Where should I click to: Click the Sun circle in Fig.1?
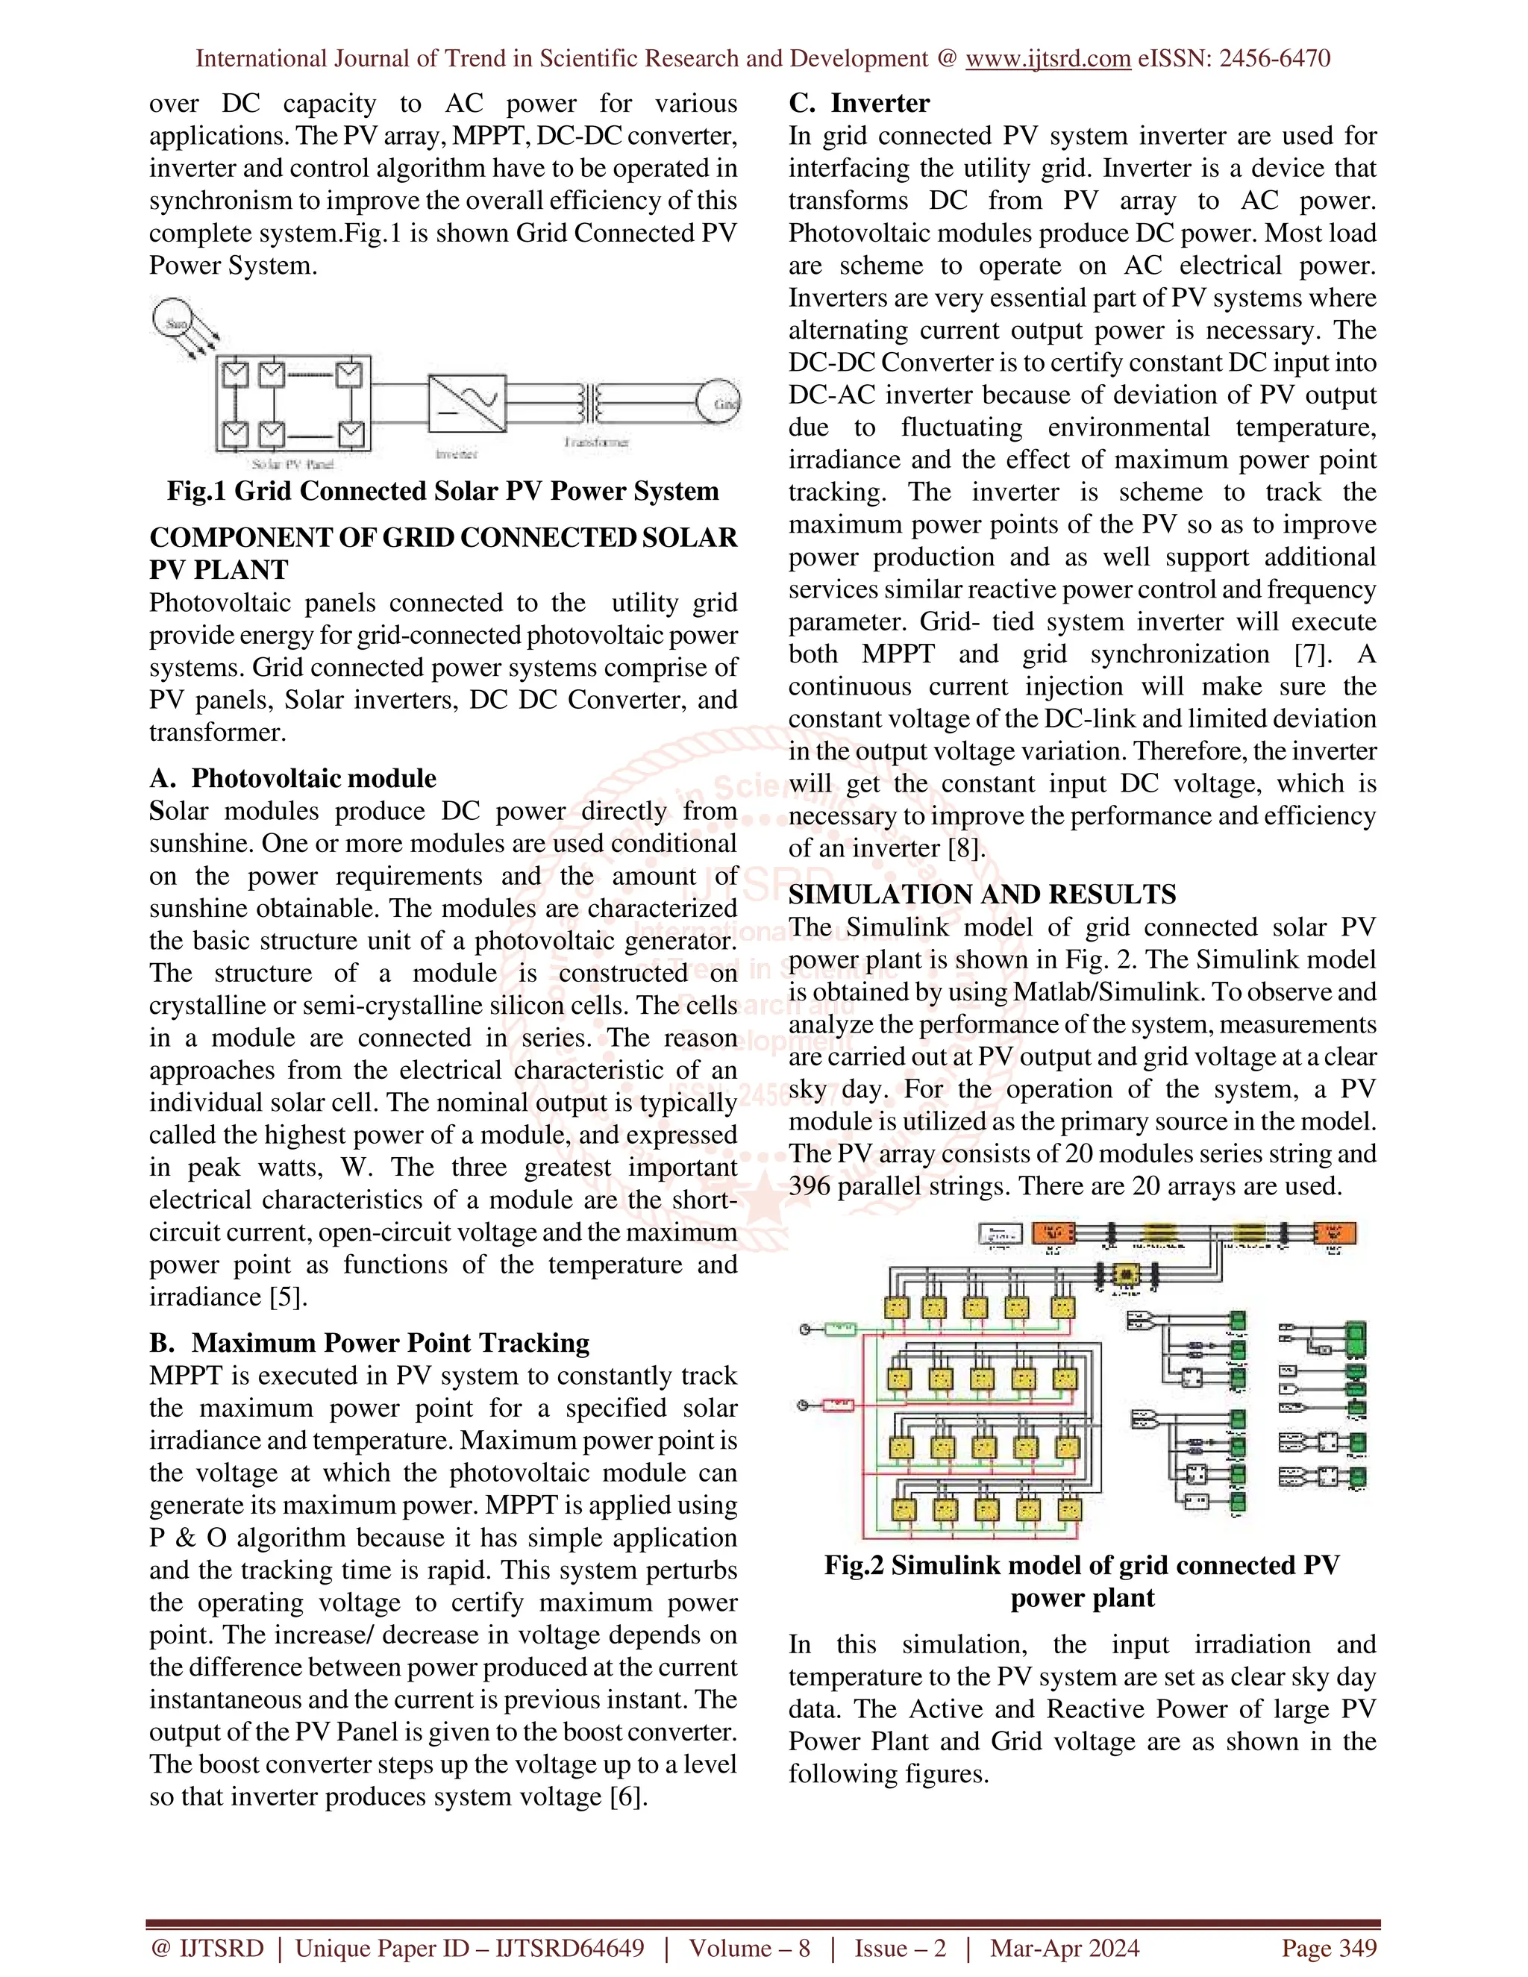173,322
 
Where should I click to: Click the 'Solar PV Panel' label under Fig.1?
292,464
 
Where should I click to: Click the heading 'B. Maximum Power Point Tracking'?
369,1342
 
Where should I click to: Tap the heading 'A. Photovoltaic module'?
292,778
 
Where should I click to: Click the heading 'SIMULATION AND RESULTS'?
982,894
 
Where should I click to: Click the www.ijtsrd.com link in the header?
1048,59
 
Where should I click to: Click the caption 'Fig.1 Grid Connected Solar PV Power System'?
442,492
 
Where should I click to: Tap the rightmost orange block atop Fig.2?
1333,1234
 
